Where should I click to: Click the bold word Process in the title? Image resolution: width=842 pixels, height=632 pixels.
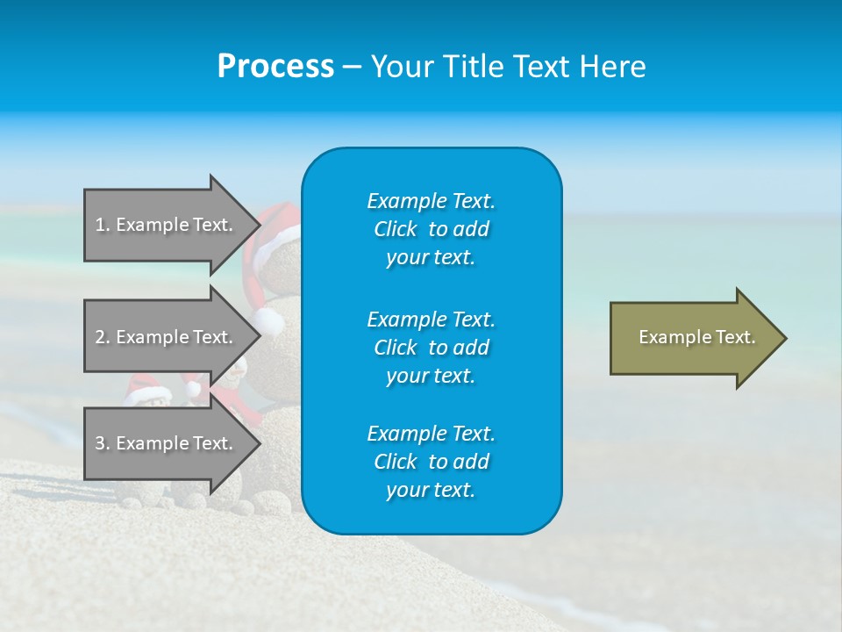tap(275, 67)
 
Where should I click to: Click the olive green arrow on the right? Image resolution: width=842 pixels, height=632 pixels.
tap(693, 338)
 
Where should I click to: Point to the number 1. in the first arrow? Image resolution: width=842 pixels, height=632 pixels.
tap(103, 225)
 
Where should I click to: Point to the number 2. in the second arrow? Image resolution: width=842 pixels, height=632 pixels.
tap(103, 337)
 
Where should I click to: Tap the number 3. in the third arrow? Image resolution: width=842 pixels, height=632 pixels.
tap(103, 443)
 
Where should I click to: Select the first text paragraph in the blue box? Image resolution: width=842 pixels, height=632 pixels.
tap(431, 229)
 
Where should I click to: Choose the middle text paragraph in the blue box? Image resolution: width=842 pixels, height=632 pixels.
tap(431, 347)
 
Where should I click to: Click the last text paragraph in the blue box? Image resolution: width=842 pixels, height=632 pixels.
tap(431, 462)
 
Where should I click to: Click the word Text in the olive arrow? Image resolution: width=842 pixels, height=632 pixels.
tap(736, 337)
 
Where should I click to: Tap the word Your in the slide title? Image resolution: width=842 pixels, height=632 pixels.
tap(401, 67)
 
